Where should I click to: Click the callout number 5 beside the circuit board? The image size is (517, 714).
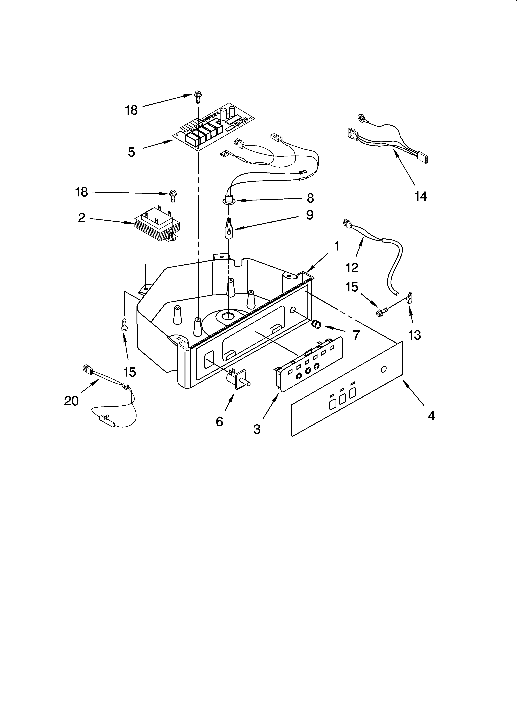pyautogui.click(x=131, y=152)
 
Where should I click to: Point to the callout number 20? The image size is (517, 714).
pyautogui.click(x=71, y=401)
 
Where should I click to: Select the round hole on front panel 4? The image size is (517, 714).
pyautogui.click(x=383, y=369)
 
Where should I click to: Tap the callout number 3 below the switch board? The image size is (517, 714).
pyautogui.click(x=257, y=429)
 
